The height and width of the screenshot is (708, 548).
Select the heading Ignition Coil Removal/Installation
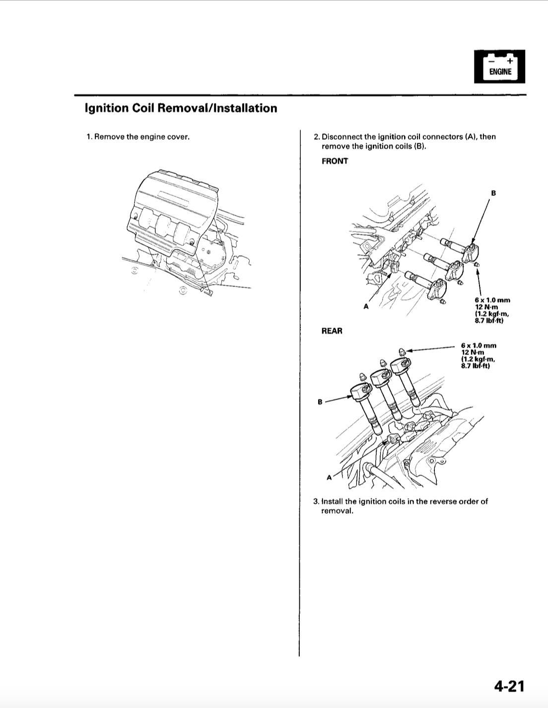pyautogui.click(x=181, y=108)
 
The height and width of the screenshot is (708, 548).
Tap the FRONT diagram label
pyautogui.click(x=335, y=161)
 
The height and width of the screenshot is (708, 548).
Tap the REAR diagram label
pyautogui.click(x=332, y=331)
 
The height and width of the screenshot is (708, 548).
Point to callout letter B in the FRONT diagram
pyautogui.click(x=493, y=193)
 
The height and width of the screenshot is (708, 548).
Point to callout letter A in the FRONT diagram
pyautogui.click(x=366, y=306)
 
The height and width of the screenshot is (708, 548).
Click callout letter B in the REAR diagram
pyautogui.click(x=320, y=402)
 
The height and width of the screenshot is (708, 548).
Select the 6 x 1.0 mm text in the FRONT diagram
pyautogui.click(x=492, y=300)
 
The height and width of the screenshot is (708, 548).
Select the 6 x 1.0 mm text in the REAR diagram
pyautogui.click(x=479, y=346)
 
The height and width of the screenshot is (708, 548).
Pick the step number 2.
pyautogui.click(x=316, y=137)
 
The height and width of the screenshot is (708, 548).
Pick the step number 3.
pyautogui.click(x=316, y=501)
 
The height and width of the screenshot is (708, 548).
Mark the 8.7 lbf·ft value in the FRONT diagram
pyautogui.click(x=489, y=321)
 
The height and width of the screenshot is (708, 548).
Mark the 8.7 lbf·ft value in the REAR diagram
pyautogui.click(x=476, y=366)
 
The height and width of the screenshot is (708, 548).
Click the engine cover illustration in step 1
pyautogui.click(x=174, y=223)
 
